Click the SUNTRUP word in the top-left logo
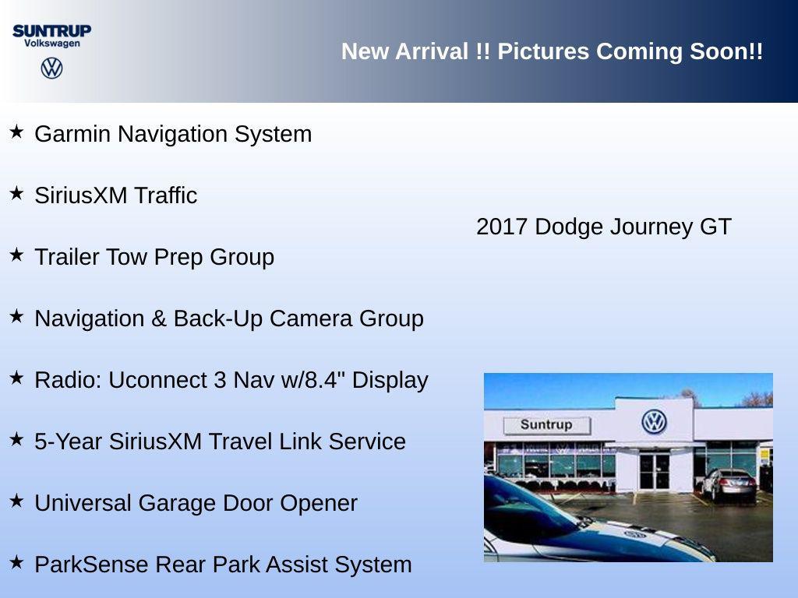pos(51,30)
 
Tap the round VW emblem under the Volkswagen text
pos(51,68)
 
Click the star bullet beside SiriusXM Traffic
pos(16,193)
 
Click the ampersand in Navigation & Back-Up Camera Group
pos(159,318)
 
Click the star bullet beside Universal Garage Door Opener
pos(16,501)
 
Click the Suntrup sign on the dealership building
pos(546,425)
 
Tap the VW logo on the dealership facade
pos(654,422)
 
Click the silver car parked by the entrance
pos(728,484)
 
